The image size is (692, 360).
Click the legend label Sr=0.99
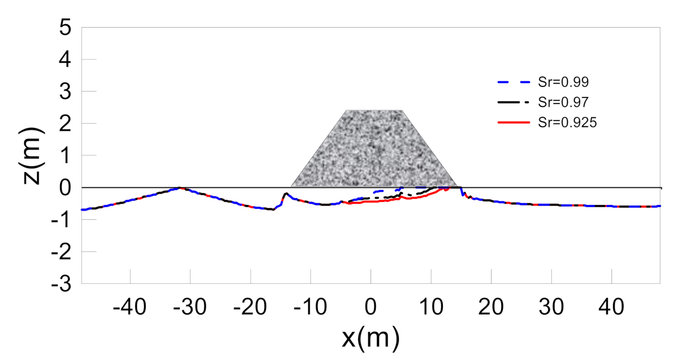(564, 83)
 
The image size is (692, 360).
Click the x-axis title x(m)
(371, 338)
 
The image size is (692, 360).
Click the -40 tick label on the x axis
(130, 307)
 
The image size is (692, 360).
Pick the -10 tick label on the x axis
(311, 307)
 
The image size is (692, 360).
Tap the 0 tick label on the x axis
(371, 307)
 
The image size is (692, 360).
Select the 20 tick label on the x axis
(491, 307)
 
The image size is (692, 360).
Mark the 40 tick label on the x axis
(612, 307)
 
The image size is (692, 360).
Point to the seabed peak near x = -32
(179, 188)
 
